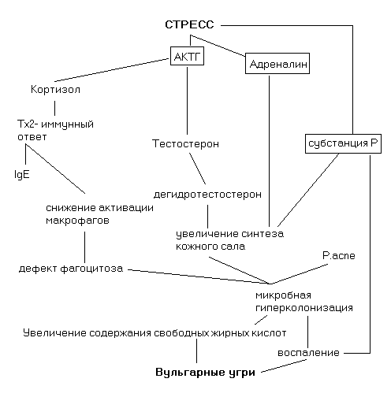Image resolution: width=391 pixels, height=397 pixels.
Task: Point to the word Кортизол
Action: point(55,90)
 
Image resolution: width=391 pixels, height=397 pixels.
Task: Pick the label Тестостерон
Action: point(185,144)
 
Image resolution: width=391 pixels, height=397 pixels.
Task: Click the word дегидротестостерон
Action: point(207,195)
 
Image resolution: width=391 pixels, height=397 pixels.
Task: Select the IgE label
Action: point(22,174)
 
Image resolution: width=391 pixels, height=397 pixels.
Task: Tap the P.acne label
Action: point(339,255)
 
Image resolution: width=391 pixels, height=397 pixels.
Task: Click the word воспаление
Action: point(308,353)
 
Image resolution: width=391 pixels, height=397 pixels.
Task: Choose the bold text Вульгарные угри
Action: point(205,373)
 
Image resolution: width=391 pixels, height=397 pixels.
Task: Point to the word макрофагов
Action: point(77,221)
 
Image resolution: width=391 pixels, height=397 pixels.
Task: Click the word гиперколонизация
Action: point(304,308)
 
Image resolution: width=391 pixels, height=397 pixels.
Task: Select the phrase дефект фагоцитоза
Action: point(71,269)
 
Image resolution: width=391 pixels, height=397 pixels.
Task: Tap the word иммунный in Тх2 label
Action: point(67,124)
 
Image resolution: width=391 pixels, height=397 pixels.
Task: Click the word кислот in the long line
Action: point(269,333)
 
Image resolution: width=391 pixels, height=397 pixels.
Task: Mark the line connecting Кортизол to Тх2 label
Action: point(54,108)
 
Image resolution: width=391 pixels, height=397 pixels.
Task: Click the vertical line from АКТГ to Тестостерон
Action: point(187,101)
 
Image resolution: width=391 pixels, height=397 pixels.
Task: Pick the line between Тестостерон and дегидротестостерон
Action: point(197,169)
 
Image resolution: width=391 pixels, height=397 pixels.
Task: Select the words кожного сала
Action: point(210,247)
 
